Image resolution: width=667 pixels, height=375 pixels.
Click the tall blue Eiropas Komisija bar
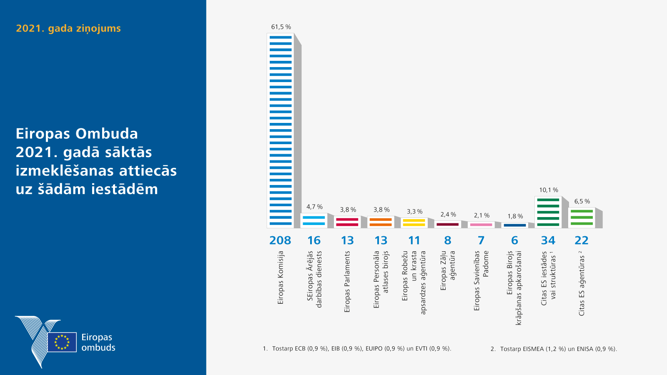tap(281, 130)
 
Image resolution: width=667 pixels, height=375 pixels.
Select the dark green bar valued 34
tap(548, 212)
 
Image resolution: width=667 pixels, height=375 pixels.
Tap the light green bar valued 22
tap(582, 217)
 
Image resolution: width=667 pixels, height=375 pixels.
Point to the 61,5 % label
tap(281, 27)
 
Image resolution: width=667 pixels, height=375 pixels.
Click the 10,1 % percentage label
tap(549, 190)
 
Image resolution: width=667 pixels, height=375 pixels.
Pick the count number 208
tap(280, 240)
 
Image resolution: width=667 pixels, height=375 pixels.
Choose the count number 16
tap(314, 240)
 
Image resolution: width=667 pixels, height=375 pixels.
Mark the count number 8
tap(448, 240)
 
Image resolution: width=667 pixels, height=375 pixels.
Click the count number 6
tap(515, 240)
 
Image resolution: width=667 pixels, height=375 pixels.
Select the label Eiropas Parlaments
tap(347, 281)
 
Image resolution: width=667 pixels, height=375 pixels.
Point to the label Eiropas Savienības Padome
tap(481, 280)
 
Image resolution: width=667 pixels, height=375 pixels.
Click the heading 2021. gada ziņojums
tap(68, 28)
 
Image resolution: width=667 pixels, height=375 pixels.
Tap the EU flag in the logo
tap(62, 342)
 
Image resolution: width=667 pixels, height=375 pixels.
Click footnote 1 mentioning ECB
tap(357, 348)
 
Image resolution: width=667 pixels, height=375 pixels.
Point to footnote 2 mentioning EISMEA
tap(554, 349)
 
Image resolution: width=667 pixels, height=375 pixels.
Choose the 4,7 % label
tap(314, 207)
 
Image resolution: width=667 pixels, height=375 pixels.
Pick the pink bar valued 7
tap(481, 225)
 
